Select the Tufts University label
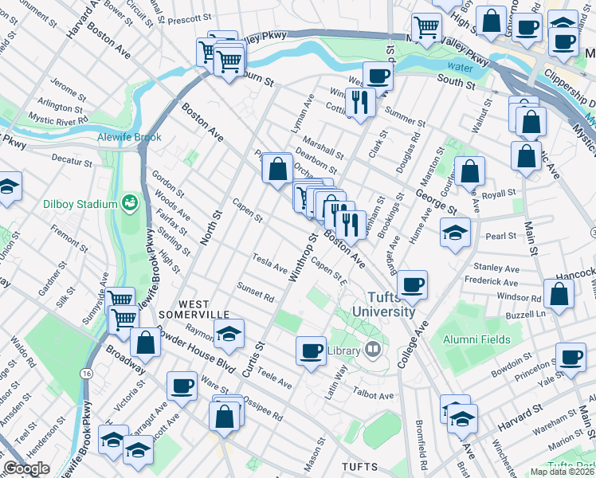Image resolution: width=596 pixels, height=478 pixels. tap(385, 304)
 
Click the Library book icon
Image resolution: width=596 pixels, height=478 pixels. tap(373, 349)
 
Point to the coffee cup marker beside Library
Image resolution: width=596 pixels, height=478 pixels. tap(311, 350)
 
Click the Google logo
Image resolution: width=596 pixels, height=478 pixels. tap(26, 468)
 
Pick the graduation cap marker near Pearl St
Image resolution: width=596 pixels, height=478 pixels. tap(455, 232)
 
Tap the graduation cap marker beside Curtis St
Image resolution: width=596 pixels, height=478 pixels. tap(229, 334)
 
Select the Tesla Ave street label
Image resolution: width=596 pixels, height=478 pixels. tap(270, 264)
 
